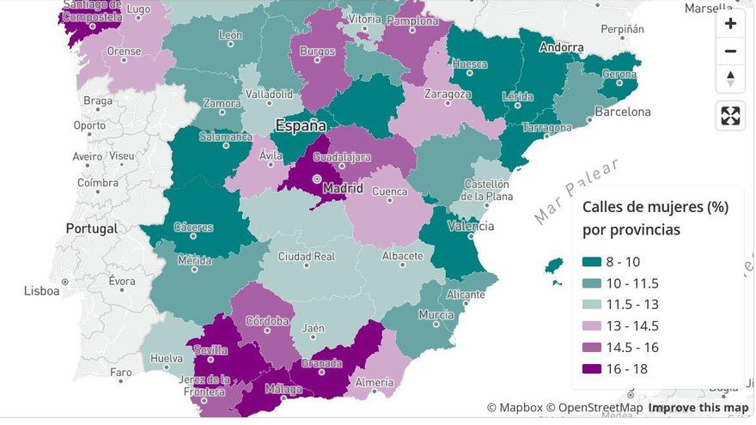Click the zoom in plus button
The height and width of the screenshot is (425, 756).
pos(730,23)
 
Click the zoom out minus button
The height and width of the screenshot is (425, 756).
pos(730,51)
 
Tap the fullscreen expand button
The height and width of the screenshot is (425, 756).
pos(730,115)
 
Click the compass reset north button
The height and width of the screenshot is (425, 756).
pos(730,78)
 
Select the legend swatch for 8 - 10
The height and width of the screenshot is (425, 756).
pos(592,262)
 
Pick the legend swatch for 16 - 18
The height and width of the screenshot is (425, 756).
pos(592,369)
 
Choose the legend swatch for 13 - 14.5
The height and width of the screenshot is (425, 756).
pos(592,326)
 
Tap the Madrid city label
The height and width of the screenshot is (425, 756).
pos(343,188)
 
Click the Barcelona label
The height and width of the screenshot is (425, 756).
pos(623,112)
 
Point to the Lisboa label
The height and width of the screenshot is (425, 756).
pos(42,291)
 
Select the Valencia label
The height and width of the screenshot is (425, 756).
pos(471,227)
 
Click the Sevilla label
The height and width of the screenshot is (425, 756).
pos(210,349)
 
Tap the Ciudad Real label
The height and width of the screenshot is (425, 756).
pos(306,256)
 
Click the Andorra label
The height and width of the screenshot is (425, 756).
pos(561,48)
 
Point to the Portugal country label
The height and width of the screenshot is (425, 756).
pos(91,229)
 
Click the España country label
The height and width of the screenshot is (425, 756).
pos(301,125)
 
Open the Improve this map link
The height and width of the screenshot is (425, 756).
pos(698,408)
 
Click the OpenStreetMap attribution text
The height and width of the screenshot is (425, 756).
pos(600,408)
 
